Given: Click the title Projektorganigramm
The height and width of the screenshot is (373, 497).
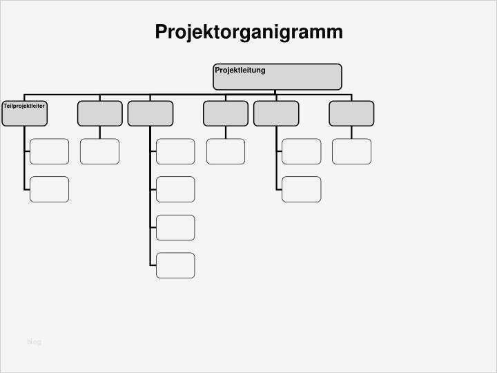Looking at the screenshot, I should tap(248, 32).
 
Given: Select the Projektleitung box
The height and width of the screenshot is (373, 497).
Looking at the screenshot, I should tap(277, 77).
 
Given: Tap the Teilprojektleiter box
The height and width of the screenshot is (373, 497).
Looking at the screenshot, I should tap(24, 113).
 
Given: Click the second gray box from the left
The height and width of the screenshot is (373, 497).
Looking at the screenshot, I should tap(99, 113).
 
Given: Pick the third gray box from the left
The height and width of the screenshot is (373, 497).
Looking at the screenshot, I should tap(150, 113).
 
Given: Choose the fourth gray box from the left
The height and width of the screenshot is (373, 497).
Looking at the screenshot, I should tap(225, 113).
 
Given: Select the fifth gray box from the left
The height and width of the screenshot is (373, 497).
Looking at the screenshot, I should tap(276, 113).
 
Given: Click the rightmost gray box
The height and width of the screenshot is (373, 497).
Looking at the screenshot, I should tap(351, 113).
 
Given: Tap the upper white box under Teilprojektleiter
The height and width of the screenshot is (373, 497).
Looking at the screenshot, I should tap(49, 151).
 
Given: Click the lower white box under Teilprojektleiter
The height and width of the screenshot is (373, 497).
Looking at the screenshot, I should tap(49, 189).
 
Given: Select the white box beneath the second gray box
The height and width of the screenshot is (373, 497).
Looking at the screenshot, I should tap(99, 151).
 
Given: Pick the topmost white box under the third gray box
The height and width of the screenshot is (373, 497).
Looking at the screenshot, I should tap(175, 151).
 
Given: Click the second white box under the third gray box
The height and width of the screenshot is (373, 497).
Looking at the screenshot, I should tap(175, 189).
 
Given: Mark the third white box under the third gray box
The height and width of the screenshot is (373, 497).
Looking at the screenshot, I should tap(175, 227).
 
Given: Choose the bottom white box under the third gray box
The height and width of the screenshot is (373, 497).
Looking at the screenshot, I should tap(175, 265).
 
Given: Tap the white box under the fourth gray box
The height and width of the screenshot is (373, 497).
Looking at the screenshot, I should tap(225, 151).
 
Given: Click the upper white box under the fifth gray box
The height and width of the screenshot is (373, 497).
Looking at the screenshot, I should tap(301, 151).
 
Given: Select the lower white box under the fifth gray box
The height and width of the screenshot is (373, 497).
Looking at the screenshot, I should tap(301, 189).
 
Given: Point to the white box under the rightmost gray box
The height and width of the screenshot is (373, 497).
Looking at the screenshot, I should tap(351, 151).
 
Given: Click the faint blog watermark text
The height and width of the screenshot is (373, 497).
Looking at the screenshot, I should tap(34, 342).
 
